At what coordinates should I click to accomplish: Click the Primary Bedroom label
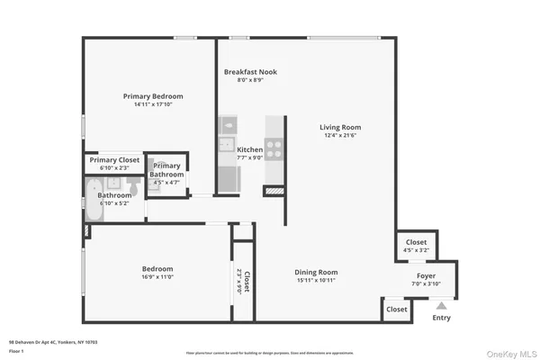coord(153,96)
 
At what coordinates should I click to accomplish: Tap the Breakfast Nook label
coord(249,70)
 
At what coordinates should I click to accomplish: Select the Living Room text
coord(339,127)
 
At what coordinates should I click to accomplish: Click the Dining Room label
coord(316,272)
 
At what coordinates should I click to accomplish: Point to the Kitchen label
coord(249,149)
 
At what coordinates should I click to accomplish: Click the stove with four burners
coord(274,149)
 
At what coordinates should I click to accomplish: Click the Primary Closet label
coord(114,159)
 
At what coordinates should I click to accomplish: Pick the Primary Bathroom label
coord(166,170)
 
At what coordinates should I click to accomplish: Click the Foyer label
coord(427,275)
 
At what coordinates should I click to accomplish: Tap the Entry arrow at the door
coord(441,306)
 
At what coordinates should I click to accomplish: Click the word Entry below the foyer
coord(441,317)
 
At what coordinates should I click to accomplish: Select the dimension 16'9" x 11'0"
coord(157,277)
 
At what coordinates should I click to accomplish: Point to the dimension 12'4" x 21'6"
coord(339,136)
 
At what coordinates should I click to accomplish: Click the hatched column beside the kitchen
coord(274,191)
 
